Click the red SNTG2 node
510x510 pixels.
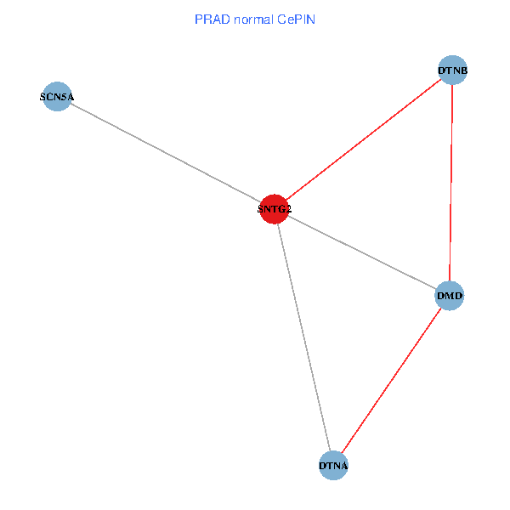click(x=274, y=208)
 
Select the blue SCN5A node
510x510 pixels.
click(x=57, y=97)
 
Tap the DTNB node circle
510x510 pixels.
click(x=453, y=70)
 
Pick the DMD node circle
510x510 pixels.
click(x=450, y=296)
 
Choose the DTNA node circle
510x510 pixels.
click(x=333, y=466)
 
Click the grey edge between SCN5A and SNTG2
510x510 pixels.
click(x=166, y=153)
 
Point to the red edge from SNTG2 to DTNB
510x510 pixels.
click(x=364, y=139)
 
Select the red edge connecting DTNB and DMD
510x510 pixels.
click(x=451, y=183)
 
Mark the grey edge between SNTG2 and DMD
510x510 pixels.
click(x=361, y=252)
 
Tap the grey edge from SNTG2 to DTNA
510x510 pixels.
click(x=303, y=337)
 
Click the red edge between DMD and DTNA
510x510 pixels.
click(x=391, y=381)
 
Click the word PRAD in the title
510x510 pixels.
click(x=209, y=19)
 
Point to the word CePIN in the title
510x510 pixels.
click(x=296, y=19)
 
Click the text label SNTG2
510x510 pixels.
click(x=274, y=208)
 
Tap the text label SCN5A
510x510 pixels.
click(x=57, y=97)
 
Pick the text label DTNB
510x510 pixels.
click(x=453, y=70)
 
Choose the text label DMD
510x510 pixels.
click(x=450, y=296)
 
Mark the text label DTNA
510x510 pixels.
click(x=333, y=466)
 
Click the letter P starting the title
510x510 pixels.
click(x=198, y=19)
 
